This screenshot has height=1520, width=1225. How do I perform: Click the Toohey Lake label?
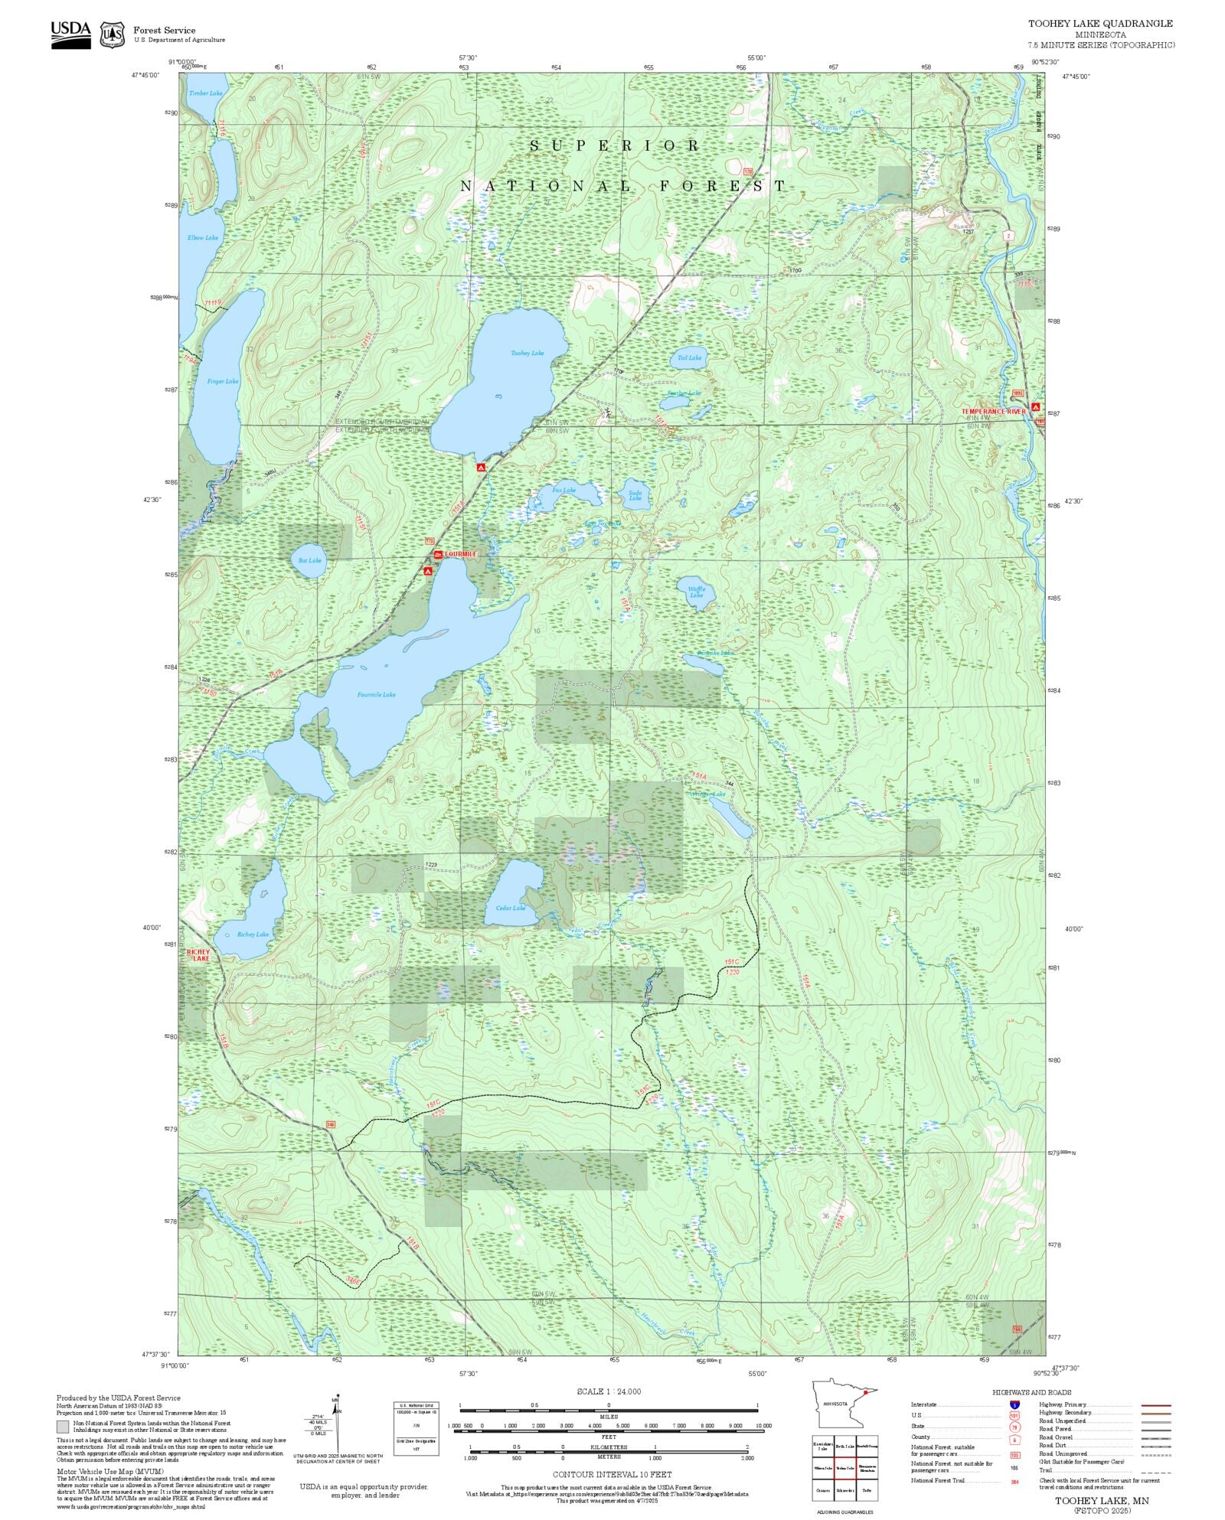click(x=528, y=353)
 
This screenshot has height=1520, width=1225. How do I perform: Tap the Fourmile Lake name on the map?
click(x=377, y=695)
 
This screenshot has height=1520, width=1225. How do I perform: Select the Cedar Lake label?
click(x=511, y=908)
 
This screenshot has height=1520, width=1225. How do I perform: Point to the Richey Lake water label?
click(x=253, y=935)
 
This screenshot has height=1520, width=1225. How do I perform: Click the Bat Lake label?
click(x=310, y=560)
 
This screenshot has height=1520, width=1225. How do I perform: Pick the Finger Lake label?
click(x=223, y=381)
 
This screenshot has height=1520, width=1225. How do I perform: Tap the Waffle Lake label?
click(x=697, y=592)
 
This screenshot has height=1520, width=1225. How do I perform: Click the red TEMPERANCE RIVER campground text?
click(x=993, y=412)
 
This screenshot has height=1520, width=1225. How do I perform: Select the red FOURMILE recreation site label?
click(x=460, y=553)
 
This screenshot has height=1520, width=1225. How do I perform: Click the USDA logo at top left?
click(x=70, y=34)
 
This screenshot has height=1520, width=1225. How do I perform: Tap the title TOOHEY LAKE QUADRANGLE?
click(x=1100, y=24)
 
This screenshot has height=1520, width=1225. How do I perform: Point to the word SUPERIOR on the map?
click(x=615, y=145)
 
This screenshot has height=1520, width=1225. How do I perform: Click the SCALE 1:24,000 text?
click(x=609, y=1391)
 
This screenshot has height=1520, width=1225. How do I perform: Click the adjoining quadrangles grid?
click(x=845, y=1470)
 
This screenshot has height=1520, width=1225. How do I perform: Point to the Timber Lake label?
click(x=206, y=93)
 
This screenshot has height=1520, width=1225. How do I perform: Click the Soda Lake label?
click(x=635, y=495)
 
